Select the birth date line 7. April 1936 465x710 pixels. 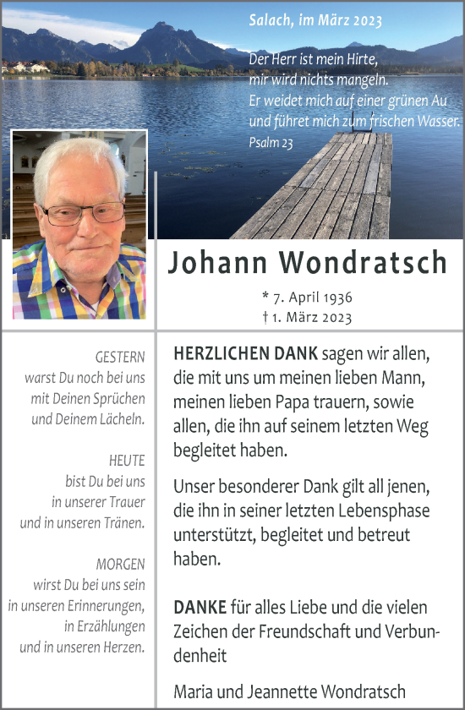pyautogui.click(x=308, y=298)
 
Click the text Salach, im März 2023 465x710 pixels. pyautogui.click(x=315, y=21)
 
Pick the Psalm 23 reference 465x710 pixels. pyautogui.click(x=271, y=143)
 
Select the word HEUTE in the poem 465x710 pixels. pyautogui.click(x=127, y=461)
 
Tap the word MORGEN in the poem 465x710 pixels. pyautogui.click(x=121, y=564)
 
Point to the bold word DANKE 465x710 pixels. pyautogui.click(x=200, y=607)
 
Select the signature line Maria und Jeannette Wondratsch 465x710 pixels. pyautogui.click(x=289, y=691)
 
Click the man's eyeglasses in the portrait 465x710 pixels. pyautogui.click(x=85, y=213)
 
